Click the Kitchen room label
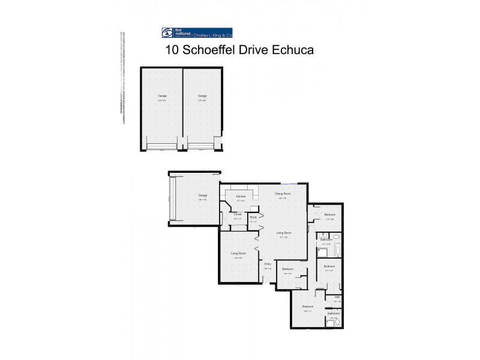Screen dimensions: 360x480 pyautogui.click(x=241, y=196)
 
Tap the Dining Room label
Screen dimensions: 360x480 pyautogui.click(x=283, y=194)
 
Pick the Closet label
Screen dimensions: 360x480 pyautogui.click(x=238, y=214)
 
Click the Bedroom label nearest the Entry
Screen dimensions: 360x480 pyautogui.click(x=288, y=269)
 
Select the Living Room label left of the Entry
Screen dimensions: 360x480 pyautogui.click(x=239, y=253)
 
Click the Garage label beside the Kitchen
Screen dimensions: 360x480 pyautogui.click(x=202, y=196)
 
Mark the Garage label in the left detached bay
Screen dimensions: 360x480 pyautogui.click(x=162, y=96)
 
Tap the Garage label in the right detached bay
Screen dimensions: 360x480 pyautogui.click(x=203, y=96)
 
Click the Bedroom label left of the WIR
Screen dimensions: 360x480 pyautogui.click(x=308, y=307)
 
